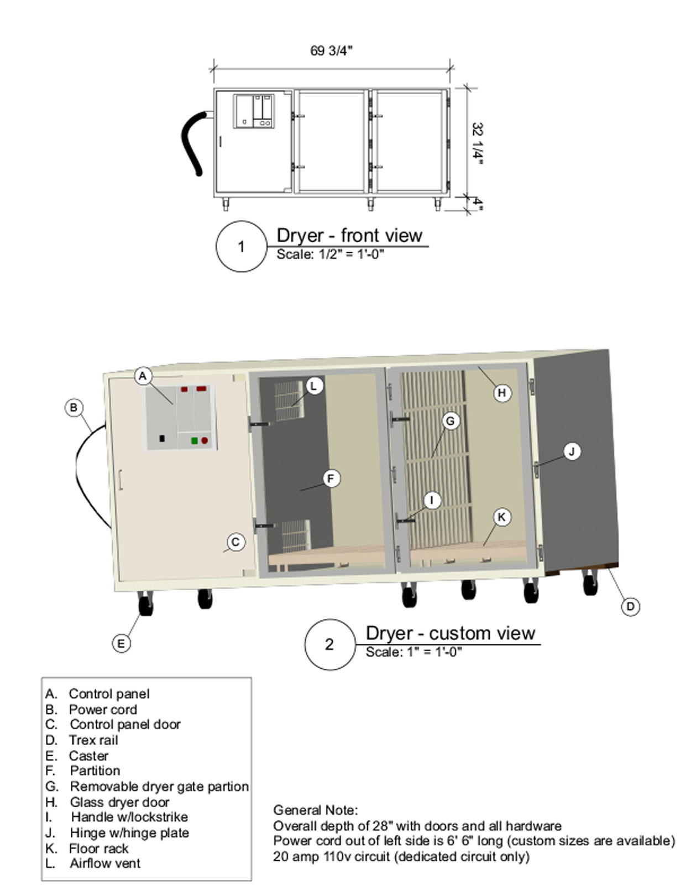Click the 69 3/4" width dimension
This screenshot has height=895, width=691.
[331, 51]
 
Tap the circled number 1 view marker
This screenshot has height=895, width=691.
[241, 246]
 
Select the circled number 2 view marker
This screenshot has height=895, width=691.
[329, 644]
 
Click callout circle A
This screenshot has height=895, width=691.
[143, 376]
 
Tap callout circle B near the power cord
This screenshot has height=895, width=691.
[74, 408]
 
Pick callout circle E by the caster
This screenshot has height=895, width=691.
[121, 643]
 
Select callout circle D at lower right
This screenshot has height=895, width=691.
[630, 607]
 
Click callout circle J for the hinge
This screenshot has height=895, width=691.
[572, 451]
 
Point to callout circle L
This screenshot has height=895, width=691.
[314, 386]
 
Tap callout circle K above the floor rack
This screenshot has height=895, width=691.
[501, 517]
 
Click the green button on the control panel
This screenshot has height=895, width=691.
[195, 441]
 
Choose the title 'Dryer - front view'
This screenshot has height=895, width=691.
[349, 236]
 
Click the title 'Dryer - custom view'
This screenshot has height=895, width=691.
[450, 633]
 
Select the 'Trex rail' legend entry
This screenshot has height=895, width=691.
[93, 740]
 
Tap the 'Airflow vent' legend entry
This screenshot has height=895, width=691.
[104, 863]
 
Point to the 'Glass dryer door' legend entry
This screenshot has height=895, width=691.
[119, 802]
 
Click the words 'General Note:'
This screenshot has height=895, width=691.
[315, 810]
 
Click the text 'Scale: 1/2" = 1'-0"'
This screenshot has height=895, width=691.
[330, 254]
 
